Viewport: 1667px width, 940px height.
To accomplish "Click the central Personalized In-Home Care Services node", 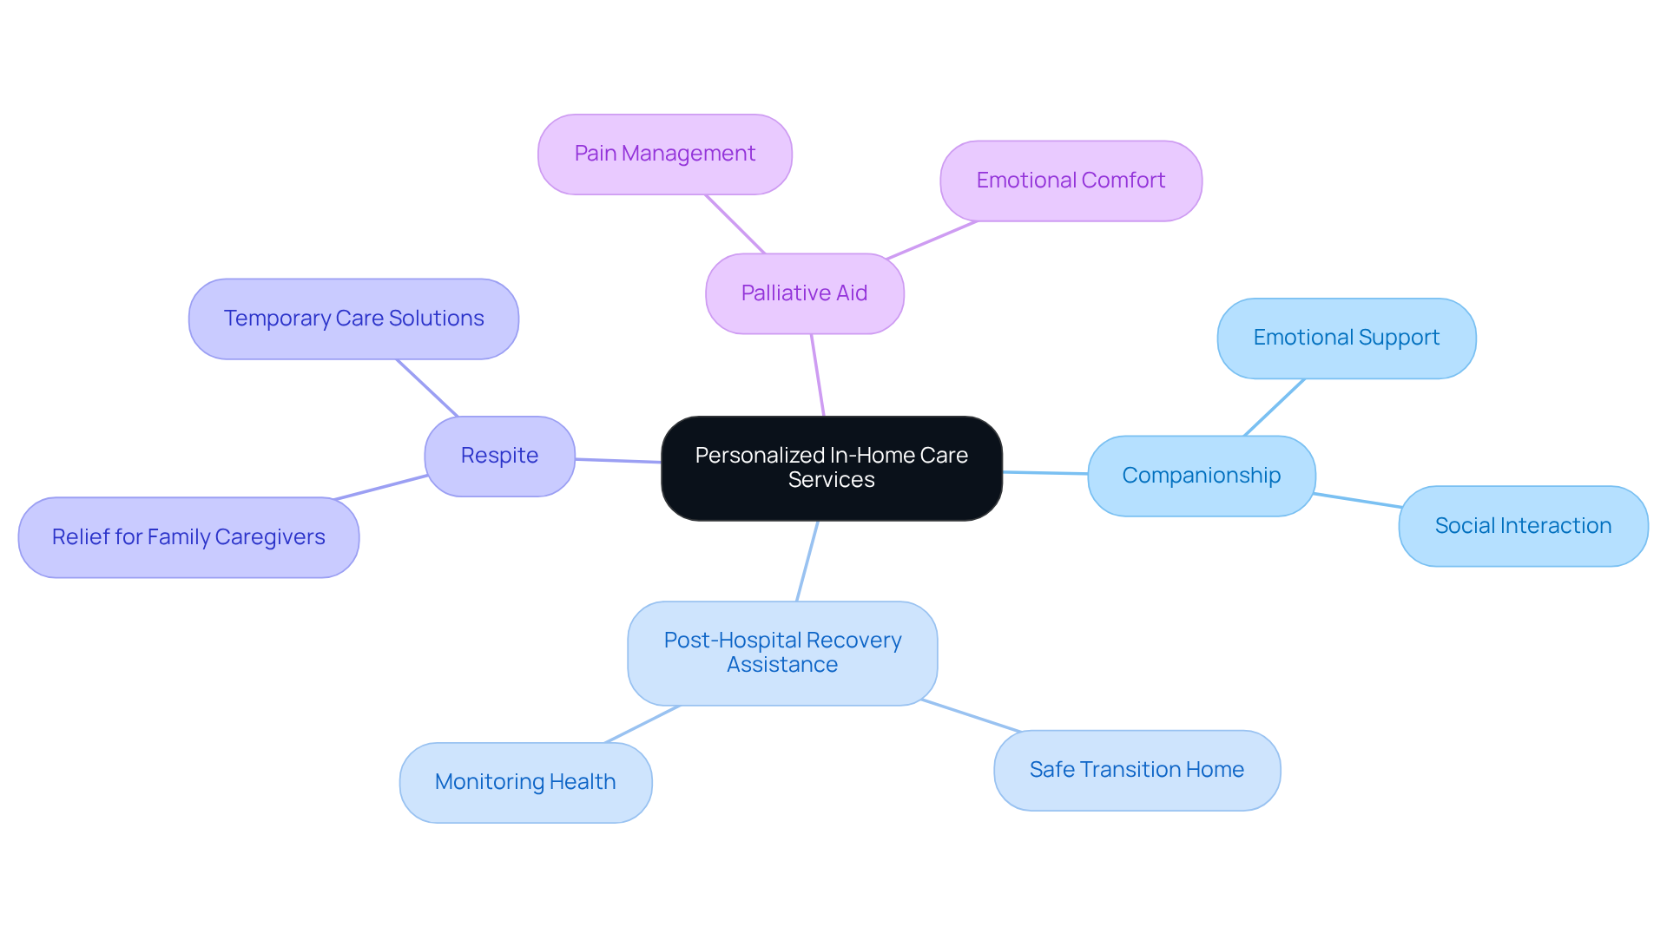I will pyautogui.click(x=831, y=468).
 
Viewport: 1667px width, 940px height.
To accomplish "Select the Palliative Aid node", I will pyautogui.click(x=804, y=293).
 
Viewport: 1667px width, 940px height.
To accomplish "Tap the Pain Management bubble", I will pyautogui.click(x=664, y=154).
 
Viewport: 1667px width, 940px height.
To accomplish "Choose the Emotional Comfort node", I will pyautogui.click(x=1071, y=181).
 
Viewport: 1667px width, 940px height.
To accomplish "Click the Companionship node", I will pyautogui.click(x=1201, y=476).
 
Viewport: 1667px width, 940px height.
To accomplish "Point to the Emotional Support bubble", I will pyautogui.click(x=1346, y=338).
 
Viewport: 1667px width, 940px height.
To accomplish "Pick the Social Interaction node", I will pyautogui.click(x=1523, y=526).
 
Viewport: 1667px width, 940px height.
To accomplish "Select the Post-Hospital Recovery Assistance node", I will pyautogui.click(x=782, y=653).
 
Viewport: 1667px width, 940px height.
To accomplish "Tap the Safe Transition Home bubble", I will pyautogui.click(x=1137, y=770).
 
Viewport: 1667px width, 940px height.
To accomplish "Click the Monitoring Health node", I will pyautogui.click(x=525, y=782).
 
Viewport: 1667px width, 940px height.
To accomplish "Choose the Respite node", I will pyautogui.click(x=499, y=456).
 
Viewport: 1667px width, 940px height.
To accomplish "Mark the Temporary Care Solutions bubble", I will pyautogui.click(x=353, y=319).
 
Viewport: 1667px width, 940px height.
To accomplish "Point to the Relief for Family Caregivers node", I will pyautogui.click(x=188, y=537).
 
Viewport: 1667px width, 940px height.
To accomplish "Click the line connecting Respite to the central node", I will pyautogui.click(x=618, y=461).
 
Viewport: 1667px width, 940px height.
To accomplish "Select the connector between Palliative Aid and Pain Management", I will pyautogui.click(x=735, y=224).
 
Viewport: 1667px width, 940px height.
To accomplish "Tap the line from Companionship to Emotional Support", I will pyautogui.click(x=1274, y=407).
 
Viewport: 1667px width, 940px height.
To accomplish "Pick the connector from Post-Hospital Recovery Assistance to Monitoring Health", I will pyautogui.click(x=642, y=724).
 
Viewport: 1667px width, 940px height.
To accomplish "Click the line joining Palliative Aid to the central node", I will pyautogui.click(x=817, y=375).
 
